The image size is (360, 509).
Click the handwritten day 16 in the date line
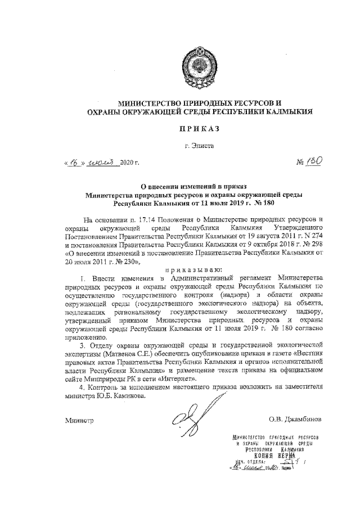[x=73, y=163]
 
